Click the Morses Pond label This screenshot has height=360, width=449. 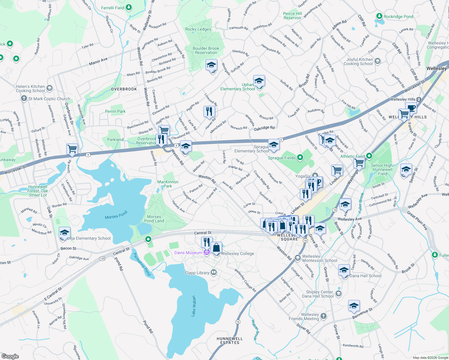click(116, 215)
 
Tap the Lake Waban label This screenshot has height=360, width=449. click(194, 306)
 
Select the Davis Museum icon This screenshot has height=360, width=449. click(206, 253)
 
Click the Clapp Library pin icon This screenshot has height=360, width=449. click(214, 272)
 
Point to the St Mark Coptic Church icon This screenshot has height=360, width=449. click(24, 98)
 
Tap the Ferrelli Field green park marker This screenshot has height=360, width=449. click(129, 7)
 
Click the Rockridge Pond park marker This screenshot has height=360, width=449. click(379, 16)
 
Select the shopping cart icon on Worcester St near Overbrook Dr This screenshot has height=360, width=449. click(72, 149)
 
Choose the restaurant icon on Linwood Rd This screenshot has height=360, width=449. click(209, 111)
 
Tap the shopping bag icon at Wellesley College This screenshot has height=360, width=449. click(216, 248)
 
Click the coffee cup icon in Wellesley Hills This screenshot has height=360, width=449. click(411, 108)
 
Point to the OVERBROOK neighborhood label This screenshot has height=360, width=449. click(124, 89)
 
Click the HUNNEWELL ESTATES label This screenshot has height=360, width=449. click(230, 340)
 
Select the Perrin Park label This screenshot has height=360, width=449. click(115, 111)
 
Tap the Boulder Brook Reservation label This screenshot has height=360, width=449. click(206, 50)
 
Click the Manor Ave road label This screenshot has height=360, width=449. click(98, 61)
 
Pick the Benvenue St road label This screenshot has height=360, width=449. click(362, 313)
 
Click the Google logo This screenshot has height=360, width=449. click(10, 356)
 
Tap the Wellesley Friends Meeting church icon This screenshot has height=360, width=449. click(323, 316)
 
